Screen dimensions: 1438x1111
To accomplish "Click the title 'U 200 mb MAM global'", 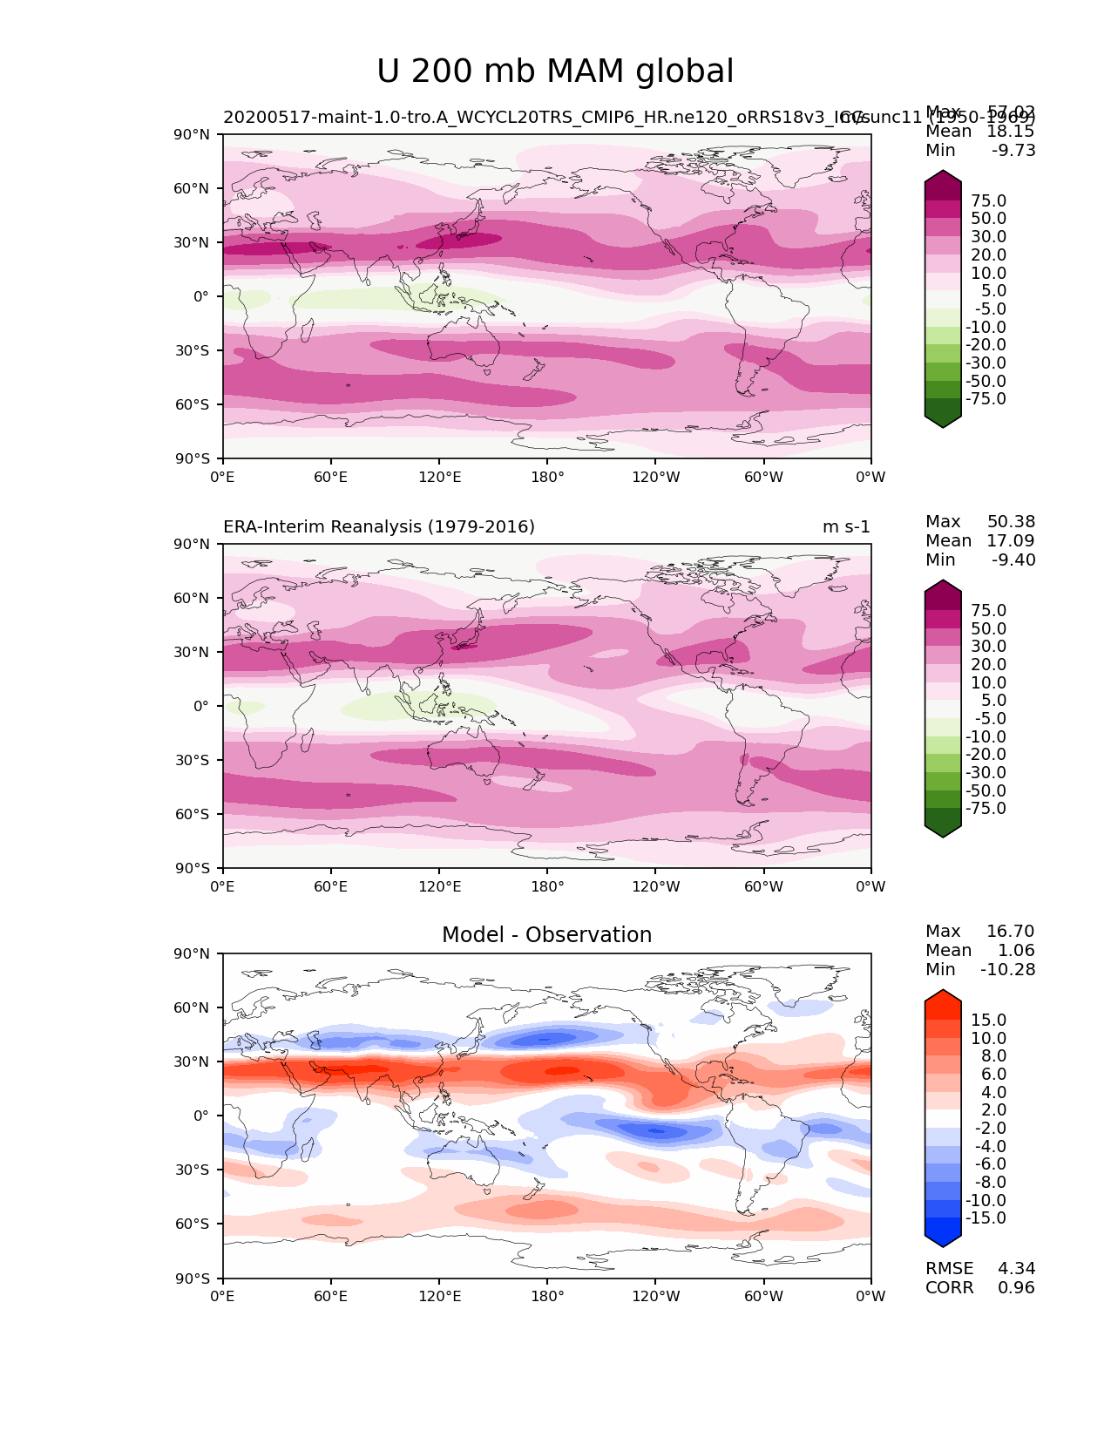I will [555, 71].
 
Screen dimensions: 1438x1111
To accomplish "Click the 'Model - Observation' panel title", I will [546, 935].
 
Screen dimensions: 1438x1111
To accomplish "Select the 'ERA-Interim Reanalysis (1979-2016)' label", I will [379, 527].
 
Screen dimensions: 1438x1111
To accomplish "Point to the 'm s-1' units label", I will [846, 527].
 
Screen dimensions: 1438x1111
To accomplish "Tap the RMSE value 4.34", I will [1016, 1269].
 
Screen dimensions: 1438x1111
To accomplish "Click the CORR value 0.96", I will [1016, 1288].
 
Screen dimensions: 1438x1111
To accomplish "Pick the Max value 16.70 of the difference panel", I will [1011, 932].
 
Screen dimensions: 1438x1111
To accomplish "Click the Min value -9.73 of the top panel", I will [1013, 151].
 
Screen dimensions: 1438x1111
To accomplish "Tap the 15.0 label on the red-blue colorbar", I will [988, 1021].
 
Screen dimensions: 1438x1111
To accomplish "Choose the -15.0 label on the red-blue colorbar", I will [986, 1218].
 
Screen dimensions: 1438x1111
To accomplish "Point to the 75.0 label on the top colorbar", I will [988, 201].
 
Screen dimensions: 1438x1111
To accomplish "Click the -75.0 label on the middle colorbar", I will [986, 809].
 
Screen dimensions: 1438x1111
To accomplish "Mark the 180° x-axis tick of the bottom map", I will [547, 1297].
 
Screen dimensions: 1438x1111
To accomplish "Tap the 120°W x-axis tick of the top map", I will [655, 477].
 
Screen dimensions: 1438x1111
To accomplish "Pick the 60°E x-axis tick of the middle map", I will [331, 887].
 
